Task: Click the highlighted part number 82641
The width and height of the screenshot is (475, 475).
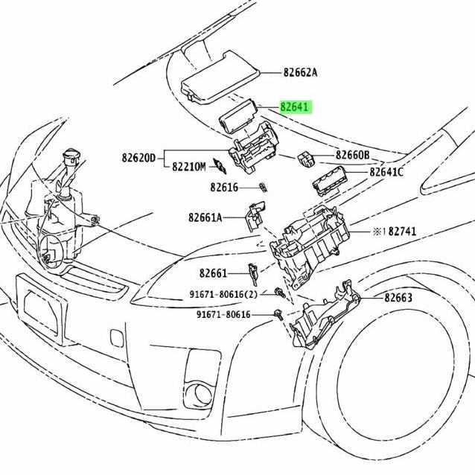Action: pos(295,106)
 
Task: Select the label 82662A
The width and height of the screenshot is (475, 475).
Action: pos(300,72)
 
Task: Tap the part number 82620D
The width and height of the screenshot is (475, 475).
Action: pos(139,158)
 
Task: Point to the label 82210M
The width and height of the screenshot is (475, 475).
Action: pos(188,167)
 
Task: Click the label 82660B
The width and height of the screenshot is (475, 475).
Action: pos(352,155)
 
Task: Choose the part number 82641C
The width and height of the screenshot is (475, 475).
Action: pos(386,172)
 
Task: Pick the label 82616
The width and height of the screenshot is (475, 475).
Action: pos(223,188)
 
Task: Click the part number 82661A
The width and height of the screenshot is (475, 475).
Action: pos(205,217)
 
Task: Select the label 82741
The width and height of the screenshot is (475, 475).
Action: pos(400,232)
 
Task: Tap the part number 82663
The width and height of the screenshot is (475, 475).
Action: pos(398,298)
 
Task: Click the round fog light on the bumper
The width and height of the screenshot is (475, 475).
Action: pos(200,392)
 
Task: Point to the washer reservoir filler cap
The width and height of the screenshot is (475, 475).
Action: pos(71,159)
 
